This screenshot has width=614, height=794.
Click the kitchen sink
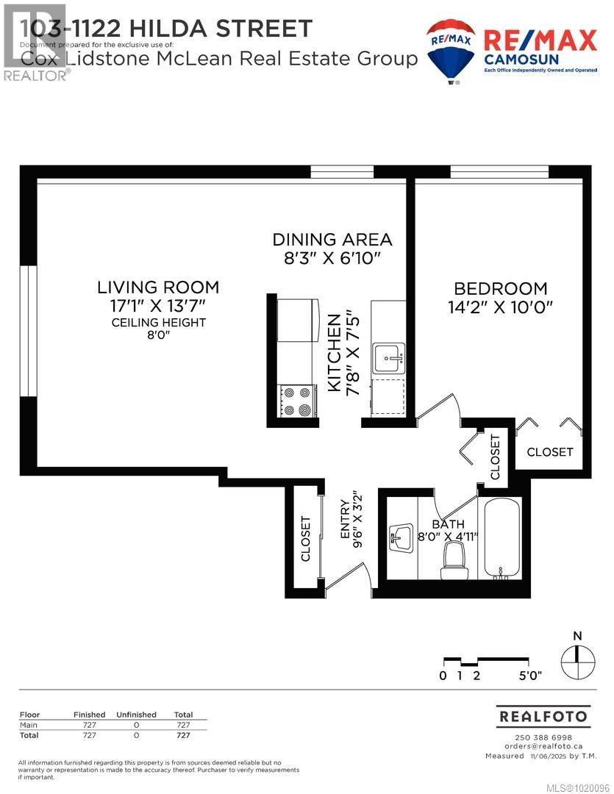[x=388, y=358]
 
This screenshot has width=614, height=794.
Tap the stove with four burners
[x=297, y=401]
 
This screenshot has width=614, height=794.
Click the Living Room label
[x=159, y=287]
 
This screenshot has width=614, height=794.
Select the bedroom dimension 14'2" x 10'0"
[x=500, y=307]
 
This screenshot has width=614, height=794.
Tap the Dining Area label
[x=332, y=239]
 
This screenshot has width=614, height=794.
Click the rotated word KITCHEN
[x=335, y=352]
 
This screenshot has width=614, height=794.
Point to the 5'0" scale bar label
[x=530, y=676]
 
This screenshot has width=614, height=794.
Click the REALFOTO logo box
[x=543, y=715]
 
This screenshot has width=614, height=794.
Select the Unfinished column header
[x=136, y=715]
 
